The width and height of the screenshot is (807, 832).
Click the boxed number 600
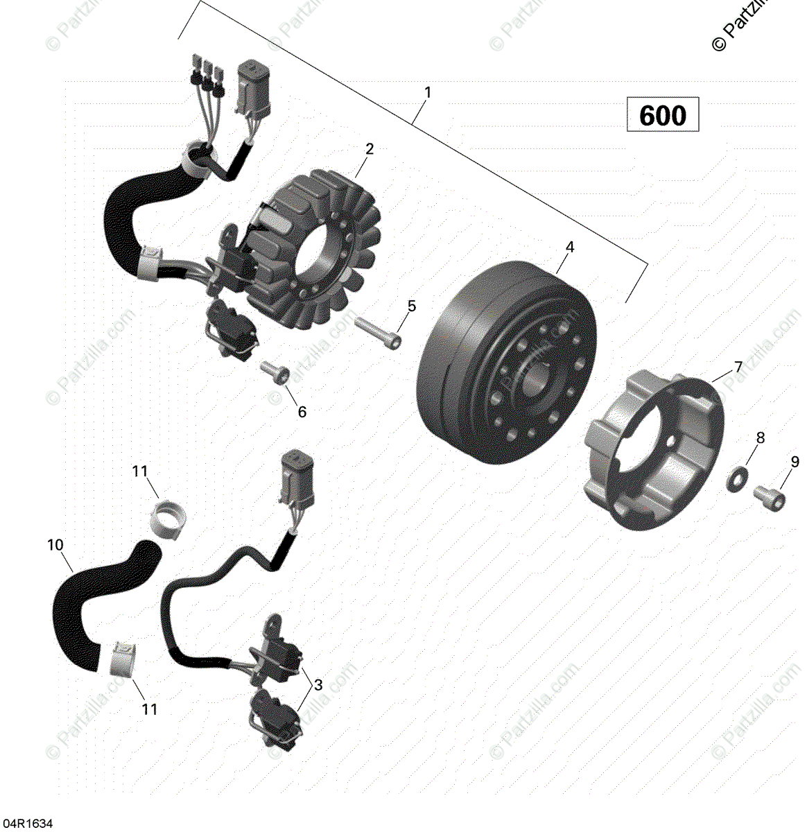662,115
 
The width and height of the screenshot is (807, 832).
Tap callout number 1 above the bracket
428,92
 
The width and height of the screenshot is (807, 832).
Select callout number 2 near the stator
370,148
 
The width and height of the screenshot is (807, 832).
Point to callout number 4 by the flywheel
569,247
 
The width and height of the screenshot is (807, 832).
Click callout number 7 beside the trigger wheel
738,367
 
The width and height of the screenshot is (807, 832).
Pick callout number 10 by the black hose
55,545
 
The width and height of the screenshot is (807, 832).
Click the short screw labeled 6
275,372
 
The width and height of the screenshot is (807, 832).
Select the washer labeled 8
736,477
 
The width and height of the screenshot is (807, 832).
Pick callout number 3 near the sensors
318,685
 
